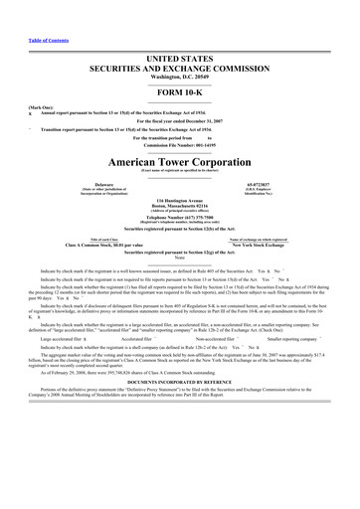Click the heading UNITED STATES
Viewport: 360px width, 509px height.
(180, 33)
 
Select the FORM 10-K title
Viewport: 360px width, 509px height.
(180, 67)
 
